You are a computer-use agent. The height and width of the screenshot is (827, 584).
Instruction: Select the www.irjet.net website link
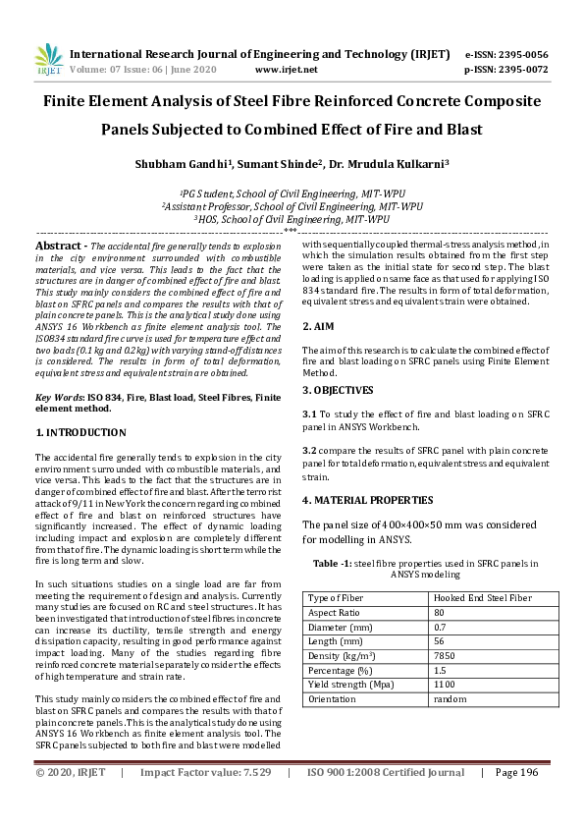(x=286, y=70)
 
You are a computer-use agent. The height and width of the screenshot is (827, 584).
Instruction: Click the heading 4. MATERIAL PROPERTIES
(x=367, y=499)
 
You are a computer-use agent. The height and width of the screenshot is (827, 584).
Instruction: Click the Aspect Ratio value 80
(x=438, y=612)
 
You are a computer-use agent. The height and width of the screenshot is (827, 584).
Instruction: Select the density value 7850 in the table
(x=444, y=656)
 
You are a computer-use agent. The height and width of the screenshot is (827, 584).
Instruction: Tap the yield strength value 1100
(x=444, y=685)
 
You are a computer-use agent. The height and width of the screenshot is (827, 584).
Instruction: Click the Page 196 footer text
(x=517, y=800)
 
